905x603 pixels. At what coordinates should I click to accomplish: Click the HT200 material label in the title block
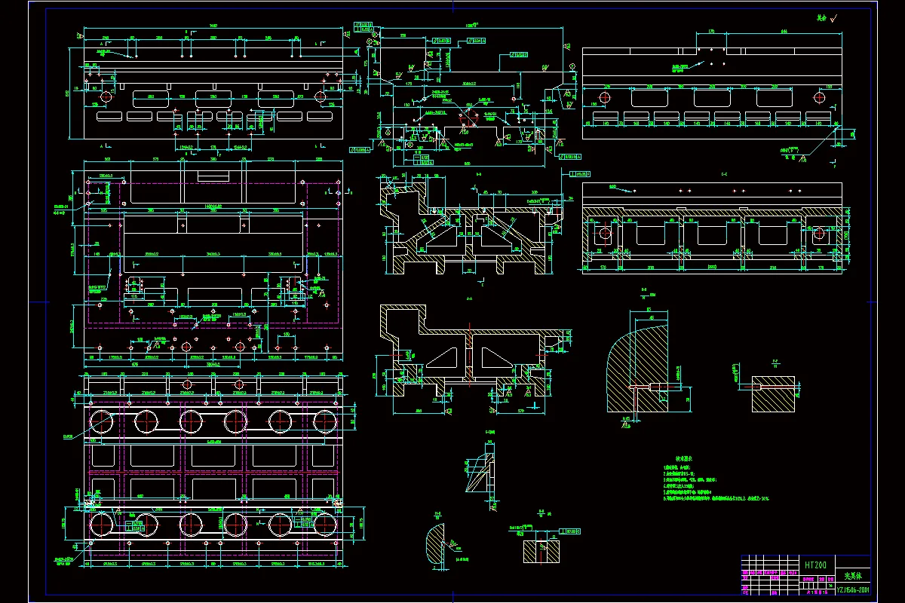click(x=814, y=565)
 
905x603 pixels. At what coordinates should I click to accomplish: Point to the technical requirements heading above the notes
click(x=683, y=458)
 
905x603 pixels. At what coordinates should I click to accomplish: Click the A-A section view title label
click(x=469, y=299)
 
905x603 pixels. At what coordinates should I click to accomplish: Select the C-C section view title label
click(x=724, y=174)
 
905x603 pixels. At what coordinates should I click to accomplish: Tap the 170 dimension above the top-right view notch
click(x=710, y=32)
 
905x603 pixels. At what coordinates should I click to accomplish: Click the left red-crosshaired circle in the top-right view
click(x=606, y=98)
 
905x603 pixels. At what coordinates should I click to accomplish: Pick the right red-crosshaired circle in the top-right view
click(x=819, y=98)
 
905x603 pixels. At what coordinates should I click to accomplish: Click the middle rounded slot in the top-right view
click(x=710, y=98)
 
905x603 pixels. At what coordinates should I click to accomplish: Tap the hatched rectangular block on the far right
click(x=773, y=393)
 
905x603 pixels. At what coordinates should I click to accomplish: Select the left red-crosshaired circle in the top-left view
click(x=105, y=96)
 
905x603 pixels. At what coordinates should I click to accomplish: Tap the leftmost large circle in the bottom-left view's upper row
click(x=101, y=421)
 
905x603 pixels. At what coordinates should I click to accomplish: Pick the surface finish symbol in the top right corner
click(x=832, y=17)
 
